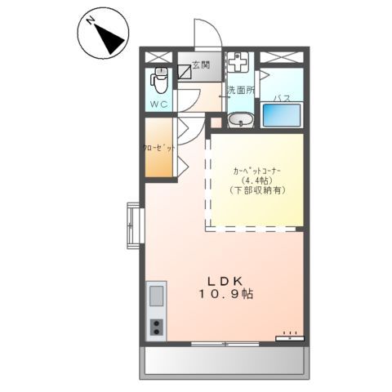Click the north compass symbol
coord(102,34)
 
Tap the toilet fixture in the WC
coord(160,82)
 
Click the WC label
coord(159,105)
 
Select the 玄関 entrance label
coord(202,65)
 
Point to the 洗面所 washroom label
coord(240,90)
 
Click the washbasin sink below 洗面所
coord(241,121)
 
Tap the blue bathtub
coord(282,114)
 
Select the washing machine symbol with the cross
coord(239,63)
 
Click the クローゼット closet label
coord(159,149)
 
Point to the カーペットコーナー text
coord(256,170)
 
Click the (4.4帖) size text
coord(256,180)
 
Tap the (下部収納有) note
coord(256,190)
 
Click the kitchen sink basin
coord(156,295)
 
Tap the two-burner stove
coord(156,327)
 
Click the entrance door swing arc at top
coord(204,34)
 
